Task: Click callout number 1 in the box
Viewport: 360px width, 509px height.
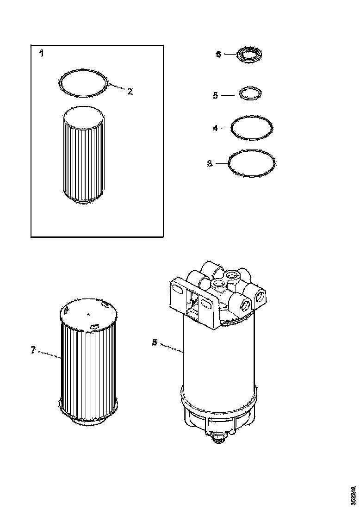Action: click(x=42, y=54)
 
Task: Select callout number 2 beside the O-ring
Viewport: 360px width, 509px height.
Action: click(x=130, y=92)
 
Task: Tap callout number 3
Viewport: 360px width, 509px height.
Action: click(x=210, y=163)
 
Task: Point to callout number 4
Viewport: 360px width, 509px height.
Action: click(x=215, y=128)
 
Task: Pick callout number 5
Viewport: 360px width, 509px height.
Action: click(x=215, y=95)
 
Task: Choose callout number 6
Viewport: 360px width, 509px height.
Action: click(x=218, y=54)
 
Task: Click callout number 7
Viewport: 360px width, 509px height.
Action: click(x=33, y=350)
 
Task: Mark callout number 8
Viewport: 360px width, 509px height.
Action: click(x=155, y=342)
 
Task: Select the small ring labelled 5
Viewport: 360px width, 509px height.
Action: click(x=249, y=93)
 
